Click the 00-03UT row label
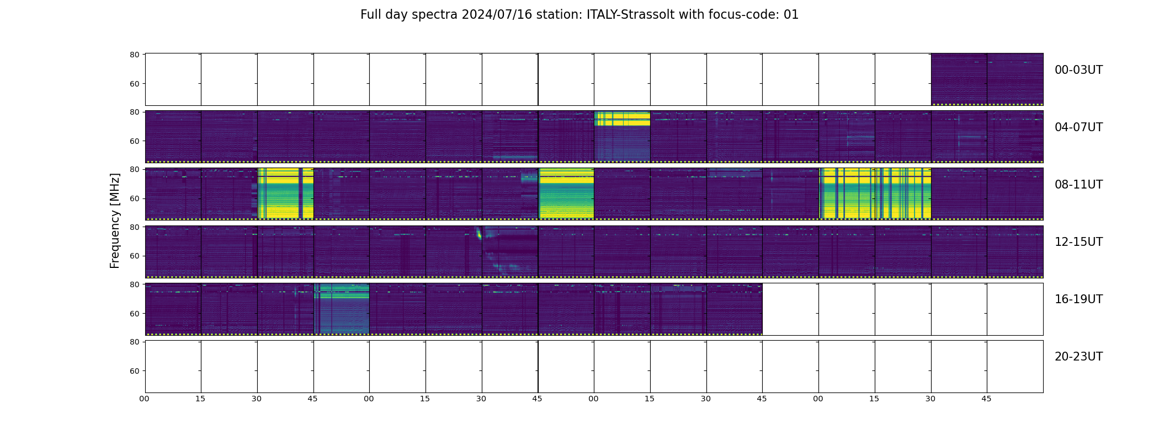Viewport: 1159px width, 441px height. [1078, 70]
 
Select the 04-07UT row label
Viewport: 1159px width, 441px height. [1078, 127]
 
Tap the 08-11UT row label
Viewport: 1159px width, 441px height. [1078, 185]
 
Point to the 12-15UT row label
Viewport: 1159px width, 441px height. [1078, 242]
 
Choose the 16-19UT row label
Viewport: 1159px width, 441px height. [1078, 299]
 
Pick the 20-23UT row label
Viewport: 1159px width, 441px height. [1078, 357]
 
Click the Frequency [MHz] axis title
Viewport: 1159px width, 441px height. [115, 220]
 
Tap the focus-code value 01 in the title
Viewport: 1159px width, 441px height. [791, 15]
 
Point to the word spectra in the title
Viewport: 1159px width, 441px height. [438, 15]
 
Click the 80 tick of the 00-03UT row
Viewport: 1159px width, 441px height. [134, 55]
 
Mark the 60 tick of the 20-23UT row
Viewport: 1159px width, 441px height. [134, 371]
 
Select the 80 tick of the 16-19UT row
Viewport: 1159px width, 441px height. [134, 284]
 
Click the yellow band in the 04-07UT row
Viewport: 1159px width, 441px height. [622, 119]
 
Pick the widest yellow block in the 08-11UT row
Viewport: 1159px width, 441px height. [875, 193]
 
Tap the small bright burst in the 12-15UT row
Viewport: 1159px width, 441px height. [479, 234]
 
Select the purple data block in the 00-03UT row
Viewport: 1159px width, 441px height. [987, 79]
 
